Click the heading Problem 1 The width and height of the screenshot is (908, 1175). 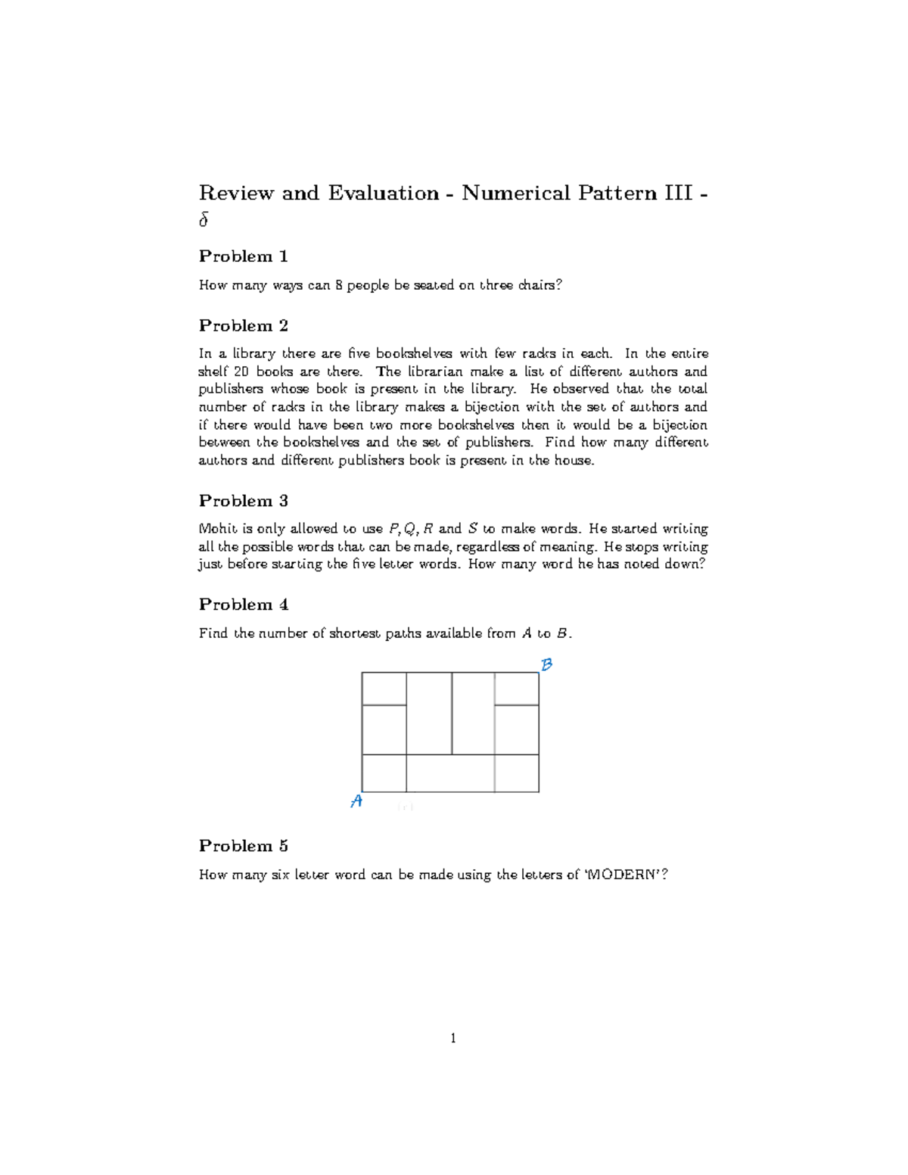[x=243, y=256]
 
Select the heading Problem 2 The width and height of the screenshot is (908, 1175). [x=243, y=326]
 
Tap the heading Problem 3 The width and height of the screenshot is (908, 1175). [x=243, y=501]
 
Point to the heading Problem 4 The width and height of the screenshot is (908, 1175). [x=243, y=605]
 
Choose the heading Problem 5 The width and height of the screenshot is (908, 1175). [x=243, y=846]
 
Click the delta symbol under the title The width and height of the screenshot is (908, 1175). [x=203, y=220]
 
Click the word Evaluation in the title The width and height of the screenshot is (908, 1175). [x=384, y=194]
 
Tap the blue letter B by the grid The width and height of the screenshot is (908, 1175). [x=546, y=664]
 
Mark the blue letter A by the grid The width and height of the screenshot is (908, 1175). [x=356, y=801]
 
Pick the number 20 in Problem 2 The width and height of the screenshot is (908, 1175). [x=241, y=371]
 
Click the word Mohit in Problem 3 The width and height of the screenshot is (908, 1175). [x=217, y=529]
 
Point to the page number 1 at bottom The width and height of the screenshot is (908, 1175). [x=453, y=1038]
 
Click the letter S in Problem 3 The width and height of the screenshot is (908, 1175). [x=473, y=529]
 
